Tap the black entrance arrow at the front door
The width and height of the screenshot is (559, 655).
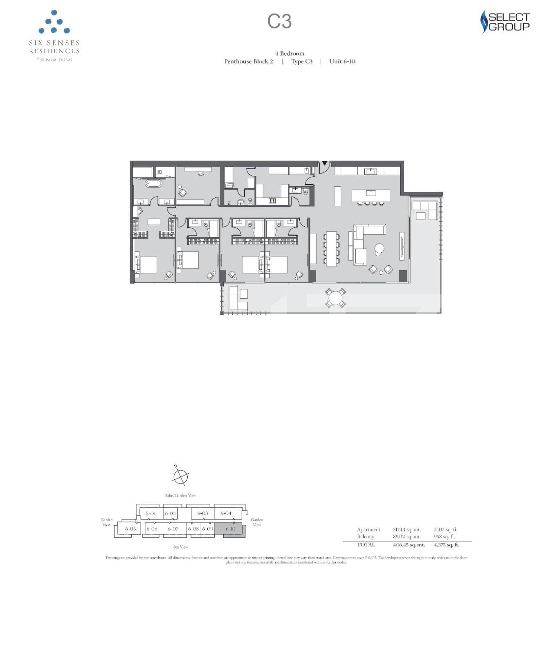[324, 163]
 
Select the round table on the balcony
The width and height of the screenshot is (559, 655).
[335, 298]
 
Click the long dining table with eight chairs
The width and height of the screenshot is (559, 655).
[331, 248]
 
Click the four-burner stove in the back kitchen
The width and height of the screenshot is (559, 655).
[272, 201]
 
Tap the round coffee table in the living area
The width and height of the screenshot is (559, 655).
[379, 248]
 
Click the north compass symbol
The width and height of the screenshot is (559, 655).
[180, 477]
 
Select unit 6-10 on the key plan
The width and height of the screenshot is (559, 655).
[230, 529]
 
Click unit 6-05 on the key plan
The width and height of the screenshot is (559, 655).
[130, 529]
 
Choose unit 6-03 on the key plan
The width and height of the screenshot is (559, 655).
[202, 513]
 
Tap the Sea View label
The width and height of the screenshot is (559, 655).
[180, 547]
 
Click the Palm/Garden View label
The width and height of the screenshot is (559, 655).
[180, 495]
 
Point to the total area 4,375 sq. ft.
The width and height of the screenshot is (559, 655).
[446, 545]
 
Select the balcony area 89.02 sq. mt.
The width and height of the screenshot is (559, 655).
[406, 537]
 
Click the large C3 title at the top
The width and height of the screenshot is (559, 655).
[279, 21]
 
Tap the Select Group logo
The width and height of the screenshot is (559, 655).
[505, 22]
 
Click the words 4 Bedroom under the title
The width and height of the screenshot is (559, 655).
[290, 53]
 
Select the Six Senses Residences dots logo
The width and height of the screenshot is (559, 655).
[54, 23]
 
